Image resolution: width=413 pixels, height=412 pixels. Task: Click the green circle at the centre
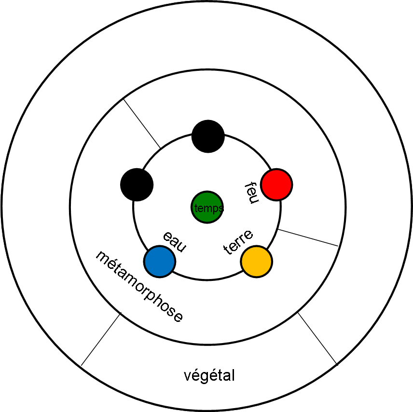[207, 208]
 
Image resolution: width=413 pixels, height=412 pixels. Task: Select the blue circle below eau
[160, 261]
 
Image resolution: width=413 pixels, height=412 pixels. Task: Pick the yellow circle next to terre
[257, 261]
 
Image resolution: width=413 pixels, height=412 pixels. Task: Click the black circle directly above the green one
[208, 136]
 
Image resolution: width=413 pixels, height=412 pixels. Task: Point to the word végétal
[209, 375]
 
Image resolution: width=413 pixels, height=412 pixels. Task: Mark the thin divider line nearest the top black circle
[142, 123]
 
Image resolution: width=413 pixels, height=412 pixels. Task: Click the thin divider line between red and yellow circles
[309, 238]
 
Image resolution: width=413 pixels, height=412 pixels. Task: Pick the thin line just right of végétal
[317, 338]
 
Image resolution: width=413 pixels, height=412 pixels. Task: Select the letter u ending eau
[180, 246]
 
